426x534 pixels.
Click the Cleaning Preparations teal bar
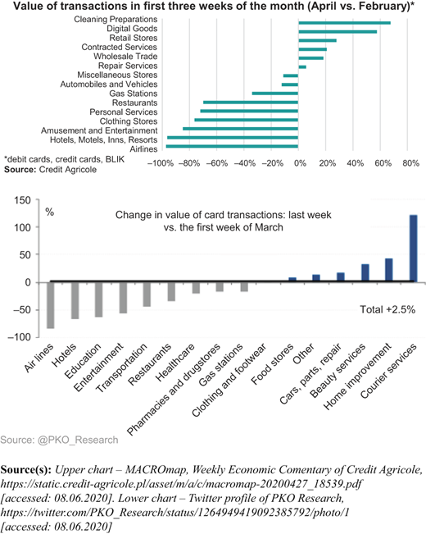pos(344,23)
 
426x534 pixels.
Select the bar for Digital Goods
pos(338,32)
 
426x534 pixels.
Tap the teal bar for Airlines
pos(232,147)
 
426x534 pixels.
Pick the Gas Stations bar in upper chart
pos(275,94)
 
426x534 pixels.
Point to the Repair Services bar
pos(302,67)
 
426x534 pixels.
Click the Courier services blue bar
pos(414,249)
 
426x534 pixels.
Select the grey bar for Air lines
pos(51,305)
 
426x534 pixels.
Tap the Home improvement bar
pos(389,270)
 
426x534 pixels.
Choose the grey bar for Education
pos(99,299)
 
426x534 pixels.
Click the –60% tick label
pos(217,163)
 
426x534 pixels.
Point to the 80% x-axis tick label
pos(410,163)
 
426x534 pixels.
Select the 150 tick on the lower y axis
pos(22,200)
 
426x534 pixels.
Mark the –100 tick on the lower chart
pos(20,337)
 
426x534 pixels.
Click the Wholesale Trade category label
pos(125,57)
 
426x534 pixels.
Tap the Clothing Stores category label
pos(129,121)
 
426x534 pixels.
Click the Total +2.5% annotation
pos(387,309)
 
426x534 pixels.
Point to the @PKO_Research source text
pos(78,440)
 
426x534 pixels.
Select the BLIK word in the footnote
pos(115,159)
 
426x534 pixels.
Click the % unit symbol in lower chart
pos(50,212)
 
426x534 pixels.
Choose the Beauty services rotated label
pos(338,371)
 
